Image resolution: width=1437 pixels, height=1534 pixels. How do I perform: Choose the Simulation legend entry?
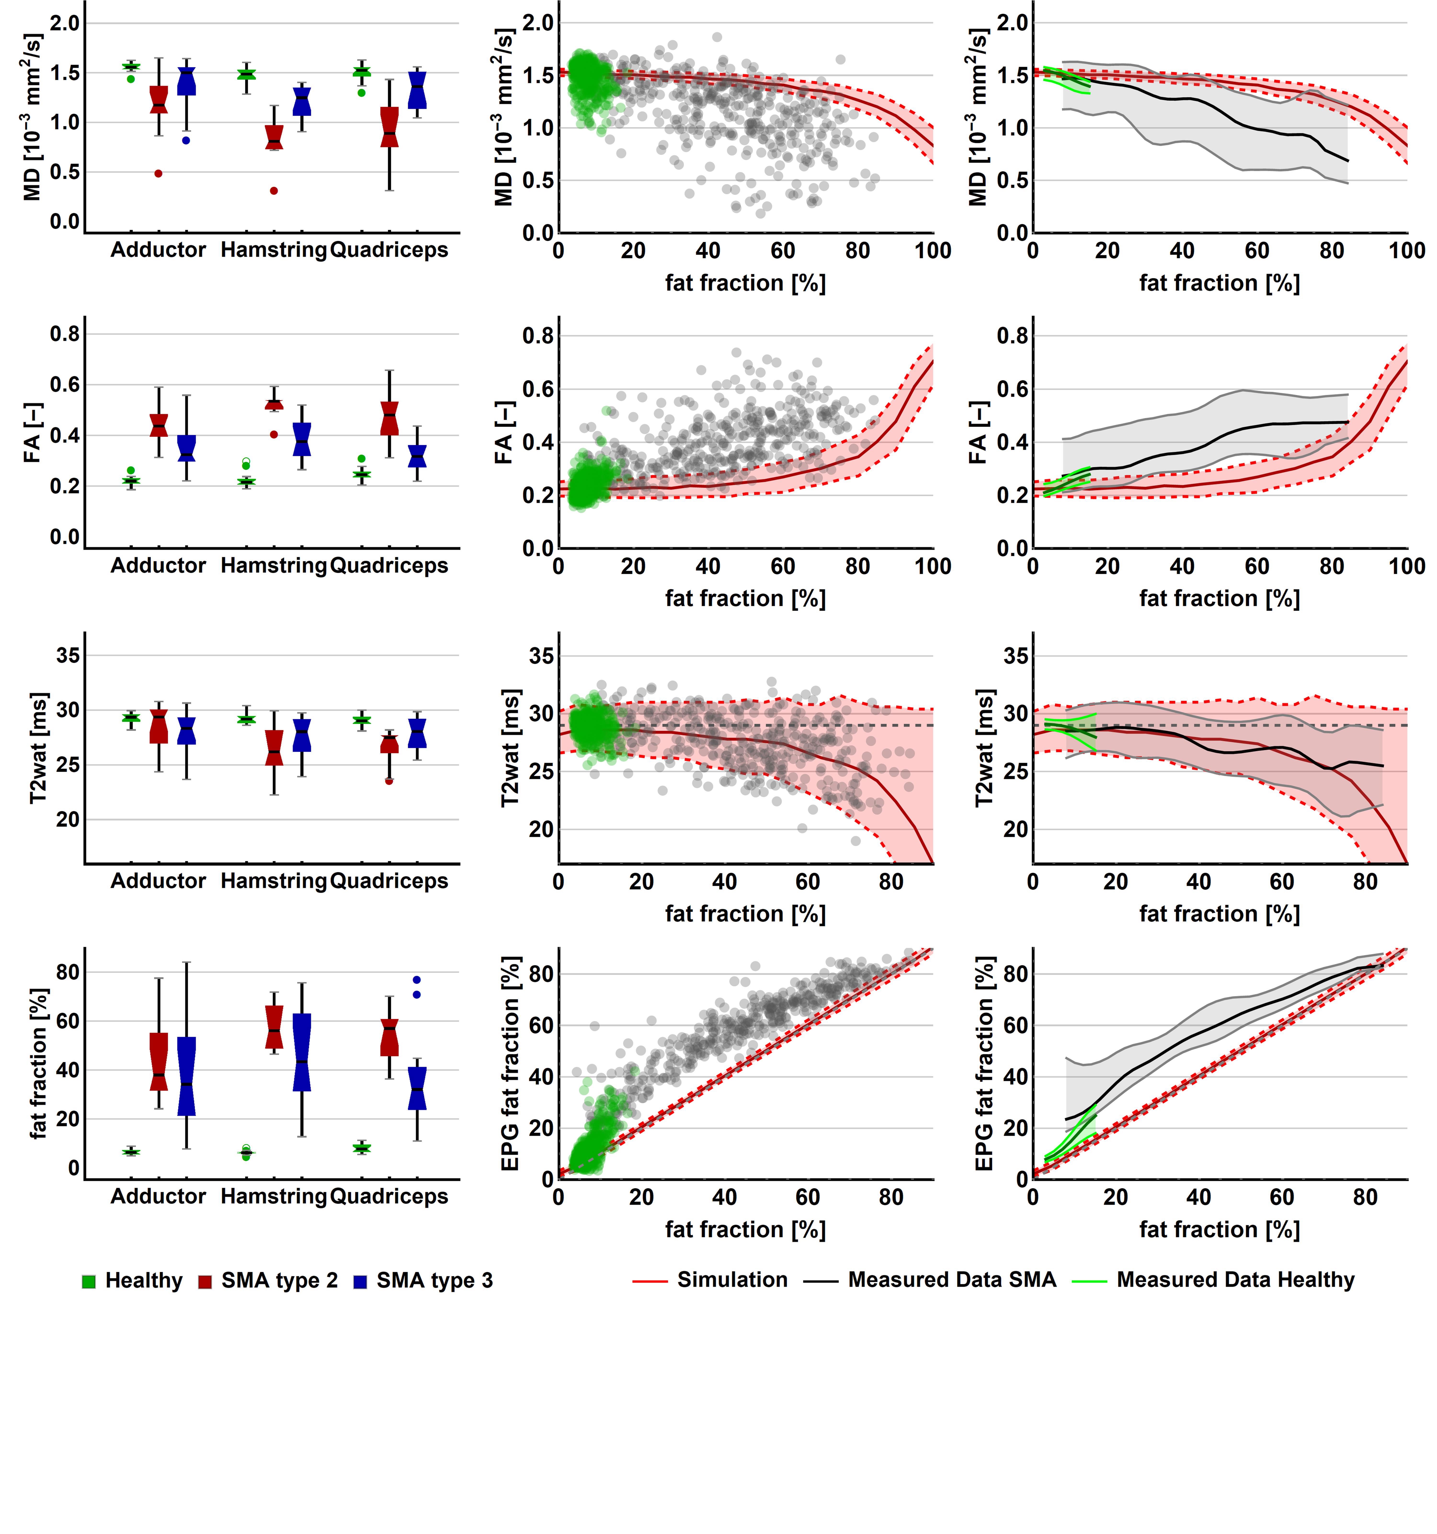point(710,1280)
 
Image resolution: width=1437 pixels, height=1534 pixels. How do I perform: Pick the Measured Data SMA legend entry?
point(930,1280)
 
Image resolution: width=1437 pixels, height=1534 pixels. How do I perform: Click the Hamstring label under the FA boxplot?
point(274,566)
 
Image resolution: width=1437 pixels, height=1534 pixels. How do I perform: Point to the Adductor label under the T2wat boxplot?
point(158,881)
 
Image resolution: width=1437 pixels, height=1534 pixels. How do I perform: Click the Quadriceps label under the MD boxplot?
point(389,250)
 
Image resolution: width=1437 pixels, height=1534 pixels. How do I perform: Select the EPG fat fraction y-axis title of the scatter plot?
point(509,1065)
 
